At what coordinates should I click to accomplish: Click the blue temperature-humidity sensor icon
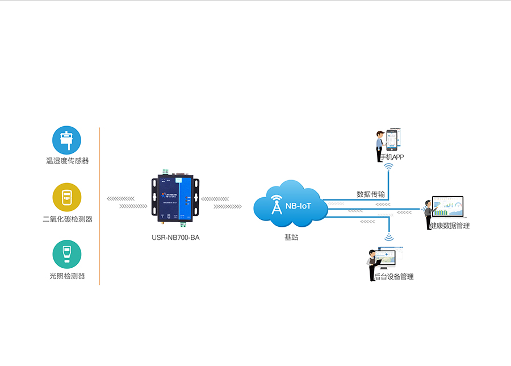point(67,140)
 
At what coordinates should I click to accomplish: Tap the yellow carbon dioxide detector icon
point(67,197)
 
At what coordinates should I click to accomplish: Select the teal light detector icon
point(67,254)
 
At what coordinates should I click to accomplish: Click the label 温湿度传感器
point(67,161)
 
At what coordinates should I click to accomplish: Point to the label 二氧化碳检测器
point(67,219)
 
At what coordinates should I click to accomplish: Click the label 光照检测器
point(67,276)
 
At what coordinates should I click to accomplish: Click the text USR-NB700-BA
point(175,238)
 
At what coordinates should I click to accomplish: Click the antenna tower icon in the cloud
point(277,206)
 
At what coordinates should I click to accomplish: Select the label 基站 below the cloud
point(291,238)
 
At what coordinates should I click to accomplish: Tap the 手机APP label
point(392,157)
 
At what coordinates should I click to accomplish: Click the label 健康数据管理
point(450,226)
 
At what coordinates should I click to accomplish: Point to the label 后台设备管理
point(393,277)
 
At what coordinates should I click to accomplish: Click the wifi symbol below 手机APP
point(389,168)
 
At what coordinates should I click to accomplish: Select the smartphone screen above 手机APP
point(391,139)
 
